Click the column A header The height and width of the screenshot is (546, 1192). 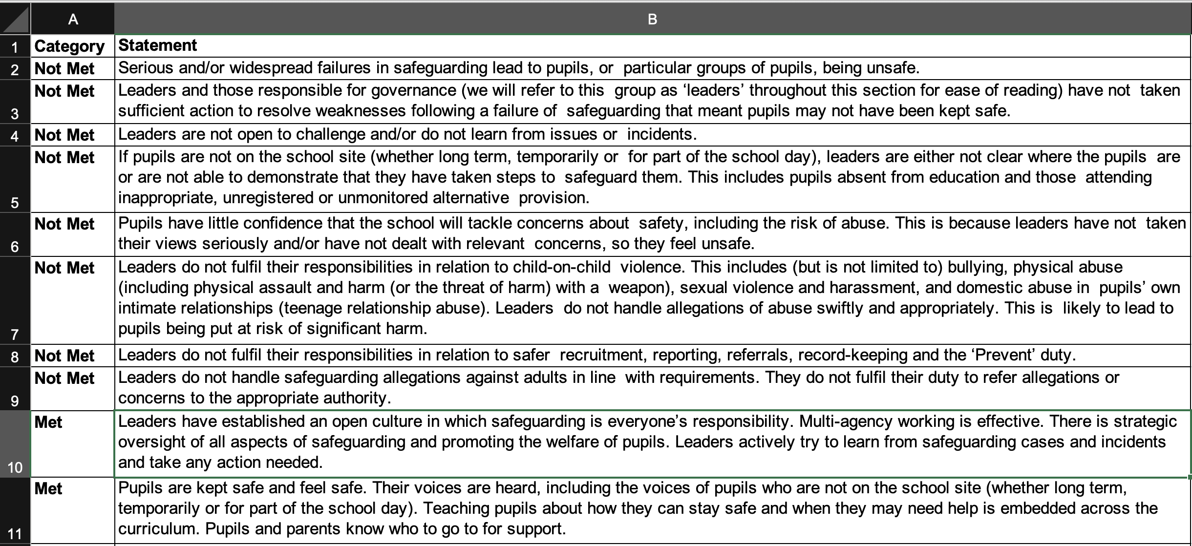pyautogui.click(x=73, y=19)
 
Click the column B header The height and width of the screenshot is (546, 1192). pyautogui.click(x=652, y=19)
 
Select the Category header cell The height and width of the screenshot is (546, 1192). pyautogui.click(x=69, y=46)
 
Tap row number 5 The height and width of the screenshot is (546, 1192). pyautogui.click(x=15, y=202)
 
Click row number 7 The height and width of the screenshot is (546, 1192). pyautogui.click(x=15, y=334)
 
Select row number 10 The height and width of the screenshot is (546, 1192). pyautogui.click(x=15, y=467)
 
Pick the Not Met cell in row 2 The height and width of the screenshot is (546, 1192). pyautogui.click(x=64, y=69)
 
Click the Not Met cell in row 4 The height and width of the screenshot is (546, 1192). pyautogui.click(x=64, y=135)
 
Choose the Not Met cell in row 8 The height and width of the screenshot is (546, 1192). pyautogui.click(x=64, y=356)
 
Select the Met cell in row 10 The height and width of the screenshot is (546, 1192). pyautogui.click(x=48, y=422)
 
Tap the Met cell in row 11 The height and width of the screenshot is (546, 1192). pyautogui.click(x=48, y=489)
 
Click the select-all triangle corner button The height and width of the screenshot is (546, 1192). pyautogui.click(x=15, y=19)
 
